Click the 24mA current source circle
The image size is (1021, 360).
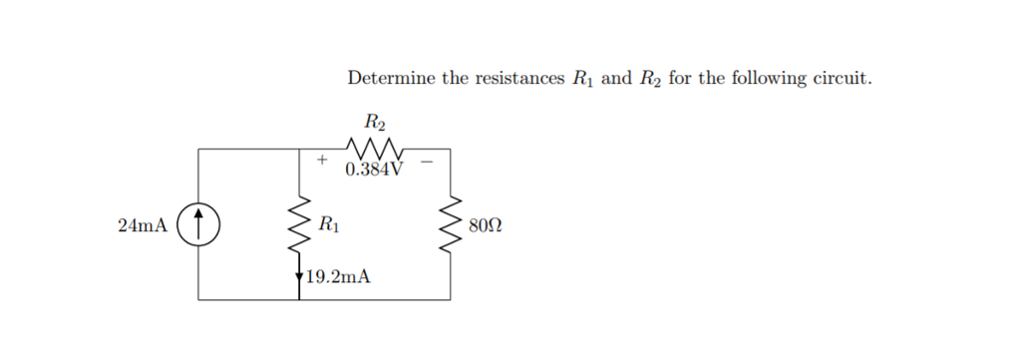pos(198,224)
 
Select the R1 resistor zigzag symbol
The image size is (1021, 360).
pos(299,224)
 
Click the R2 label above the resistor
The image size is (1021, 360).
pos(375,124)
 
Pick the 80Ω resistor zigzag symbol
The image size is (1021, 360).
pos(450,224)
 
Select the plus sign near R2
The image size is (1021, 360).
pos(321,159)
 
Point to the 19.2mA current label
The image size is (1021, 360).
pos(338,277)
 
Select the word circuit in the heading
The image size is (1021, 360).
pos(844,79)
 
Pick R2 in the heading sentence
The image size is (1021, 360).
pos(649,79)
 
